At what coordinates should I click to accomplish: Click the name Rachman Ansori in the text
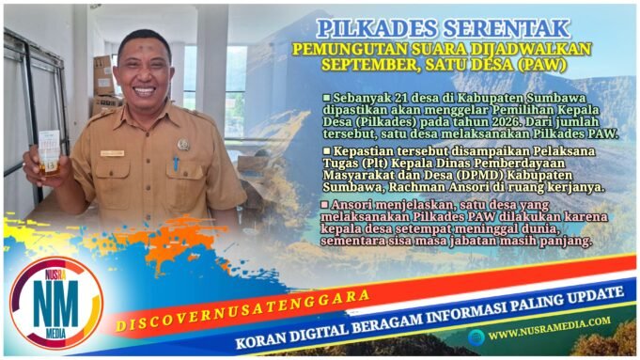tap(438, 188)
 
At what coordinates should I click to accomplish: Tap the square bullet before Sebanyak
tap(326, 98)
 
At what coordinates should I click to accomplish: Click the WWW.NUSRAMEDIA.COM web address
tap(549, 334)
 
